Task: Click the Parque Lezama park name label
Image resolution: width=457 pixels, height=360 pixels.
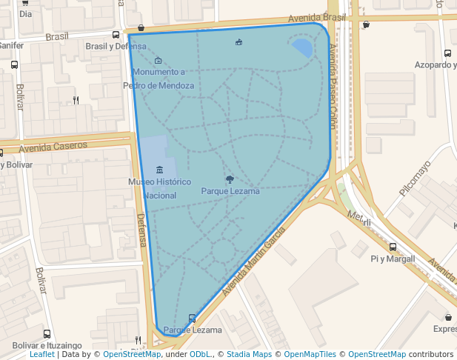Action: coord(230,191)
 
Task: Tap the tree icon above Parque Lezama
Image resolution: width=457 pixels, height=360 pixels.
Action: coord(230,179)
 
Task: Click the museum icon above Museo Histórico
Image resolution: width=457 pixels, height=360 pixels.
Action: coord(159,171)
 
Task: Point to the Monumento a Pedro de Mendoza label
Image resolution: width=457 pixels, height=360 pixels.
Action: coord(159,79)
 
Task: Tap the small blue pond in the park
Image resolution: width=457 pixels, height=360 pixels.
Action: coord(302,48)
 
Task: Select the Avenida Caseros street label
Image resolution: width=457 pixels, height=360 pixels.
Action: coord(53,147)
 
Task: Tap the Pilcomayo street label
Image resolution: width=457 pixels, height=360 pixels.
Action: coord(415,178)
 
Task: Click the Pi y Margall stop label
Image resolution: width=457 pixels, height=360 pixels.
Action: coord(393,259)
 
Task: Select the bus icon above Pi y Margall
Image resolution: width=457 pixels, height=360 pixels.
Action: coord(393,247)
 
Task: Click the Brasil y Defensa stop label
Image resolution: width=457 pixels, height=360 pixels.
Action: coord(116,46)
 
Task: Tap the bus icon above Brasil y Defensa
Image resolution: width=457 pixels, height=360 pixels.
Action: coord(116,35)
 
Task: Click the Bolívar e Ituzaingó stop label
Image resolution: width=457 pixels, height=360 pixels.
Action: coord(47,345)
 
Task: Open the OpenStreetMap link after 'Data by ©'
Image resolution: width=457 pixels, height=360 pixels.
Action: coord(132,355)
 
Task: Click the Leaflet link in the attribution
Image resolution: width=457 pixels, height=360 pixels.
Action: coord(41,355)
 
